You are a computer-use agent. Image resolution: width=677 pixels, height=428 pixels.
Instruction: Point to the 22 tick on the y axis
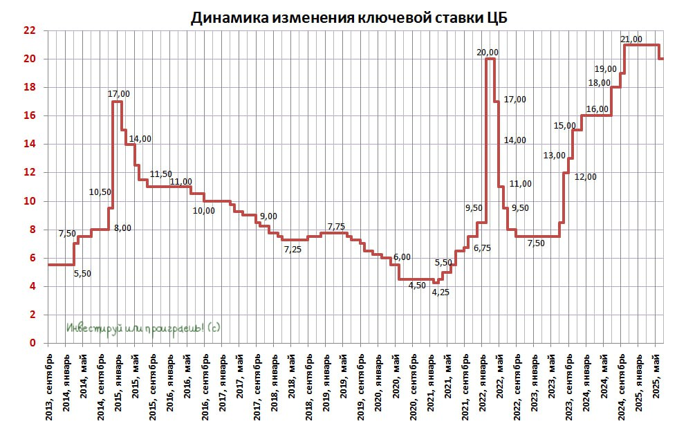[29, 30]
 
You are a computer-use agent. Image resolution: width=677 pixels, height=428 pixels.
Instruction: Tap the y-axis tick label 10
[29, 201]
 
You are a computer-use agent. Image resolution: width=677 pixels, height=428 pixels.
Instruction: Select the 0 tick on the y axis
[32, 343]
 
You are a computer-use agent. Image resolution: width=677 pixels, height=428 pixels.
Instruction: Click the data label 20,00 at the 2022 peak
[488, 52]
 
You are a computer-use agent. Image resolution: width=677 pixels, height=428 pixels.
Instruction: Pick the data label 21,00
[631, 39]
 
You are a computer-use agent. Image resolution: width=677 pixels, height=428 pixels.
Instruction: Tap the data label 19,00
[606, 68]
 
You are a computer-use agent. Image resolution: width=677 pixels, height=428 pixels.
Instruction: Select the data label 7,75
[336, 226]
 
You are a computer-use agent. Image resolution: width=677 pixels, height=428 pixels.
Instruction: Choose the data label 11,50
[160, 174]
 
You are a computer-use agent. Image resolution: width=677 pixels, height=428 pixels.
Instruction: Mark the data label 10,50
[100, 192]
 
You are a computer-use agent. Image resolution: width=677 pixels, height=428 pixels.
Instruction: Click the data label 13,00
[554, 155]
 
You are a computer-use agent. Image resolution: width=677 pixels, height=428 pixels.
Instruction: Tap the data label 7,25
[293, 249]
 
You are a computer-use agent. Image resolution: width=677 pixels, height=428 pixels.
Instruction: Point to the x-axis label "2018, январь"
[274, 388]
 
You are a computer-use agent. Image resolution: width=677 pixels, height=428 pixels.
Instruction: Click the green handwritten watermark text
[143, 328]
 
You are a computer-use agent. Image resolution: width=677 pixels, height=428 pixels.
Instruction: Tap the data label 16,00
[597, 109]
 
